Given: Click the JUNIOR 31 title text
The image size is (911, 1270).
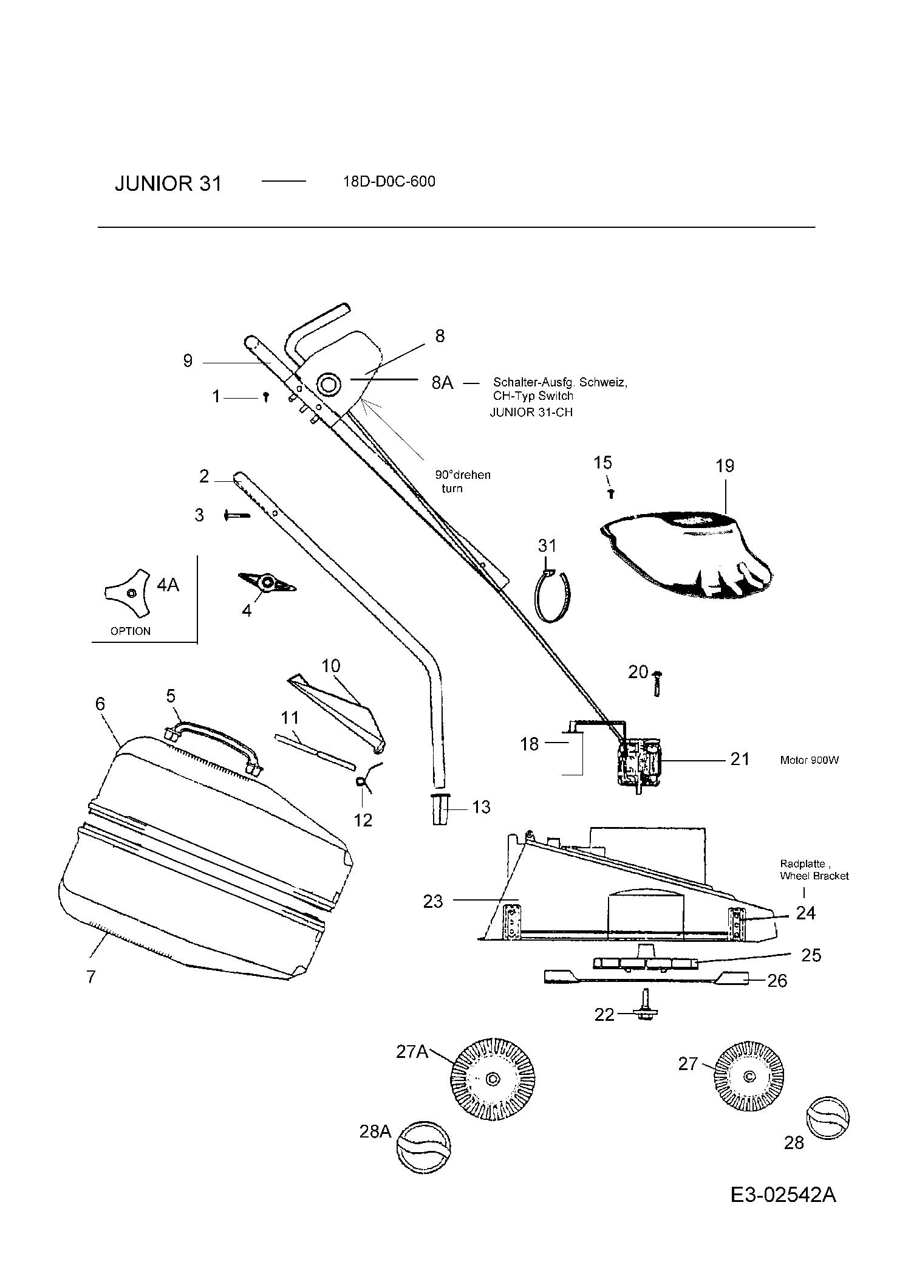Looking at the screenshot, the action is [168, 184].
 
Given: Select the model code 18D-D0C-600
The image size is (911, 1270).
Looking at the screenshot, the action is [389, 182].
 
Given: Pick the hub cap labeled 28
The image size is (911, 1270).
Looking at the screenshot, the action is [827, 1117].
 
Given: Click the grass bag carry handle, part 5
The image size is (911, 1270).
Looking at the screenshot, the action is [213, 740].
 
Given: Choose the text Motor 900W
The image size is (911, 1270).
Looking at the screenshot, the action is [809, 760].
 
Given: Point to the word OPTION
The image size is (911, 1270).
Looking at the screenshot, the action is [131, 631].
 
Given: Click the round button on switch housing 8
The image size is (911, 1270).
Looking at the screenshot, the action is [329, 385].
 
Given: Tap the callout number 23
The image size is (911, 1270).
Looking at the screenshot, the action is [433, 901].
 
